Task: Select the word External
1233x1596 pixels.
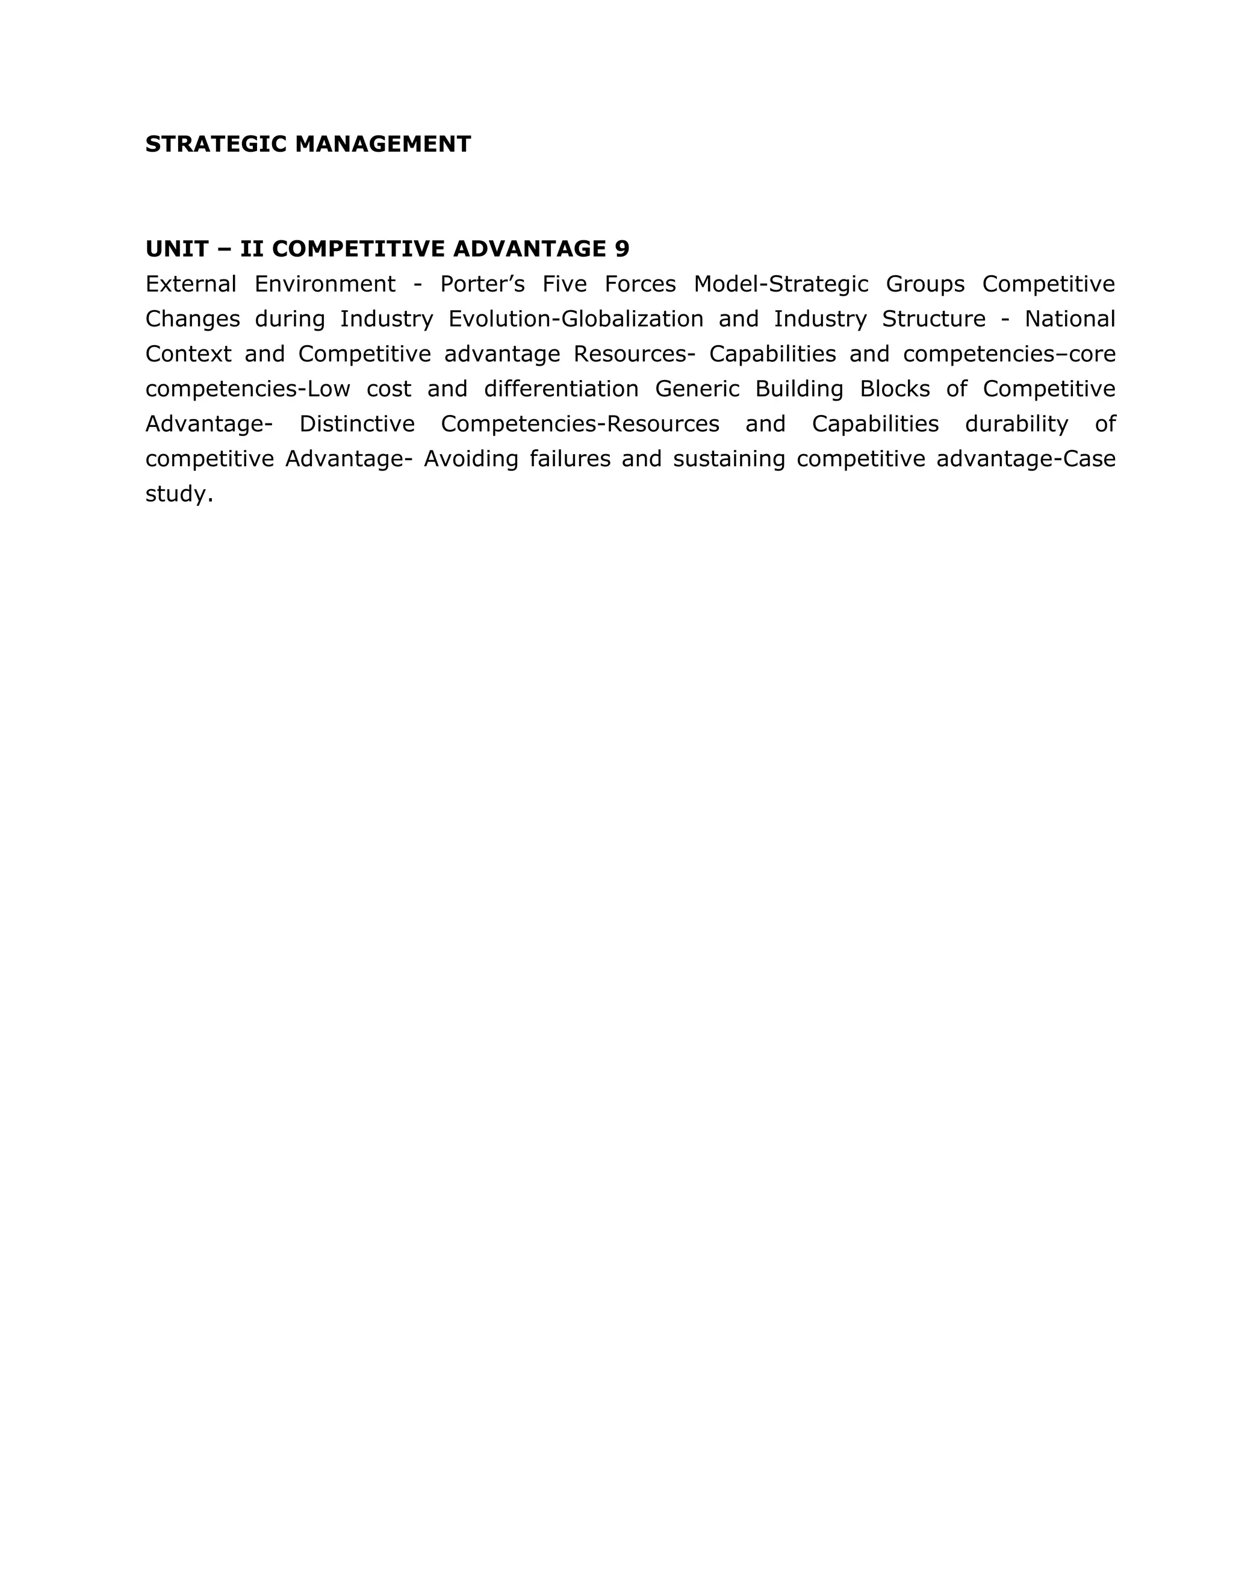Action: tap(191, 284)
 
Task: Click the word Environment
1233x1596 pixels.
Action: tap(325, 284)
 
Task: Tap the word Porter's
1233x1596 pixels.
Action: tap(482, 284)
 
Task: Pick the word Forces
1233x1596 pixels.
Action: tap(640, 284)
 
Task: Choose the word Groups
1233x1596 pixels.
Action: tap(925, 284)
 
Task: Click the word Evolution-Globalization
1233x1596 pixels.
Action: tap(576, 319)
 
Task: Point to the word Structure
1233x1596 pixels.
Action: tap(934, 319)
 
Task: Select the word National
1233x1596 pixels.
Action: tap(1069, 319)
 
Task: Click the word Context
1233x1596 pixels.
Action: tap(188, 354)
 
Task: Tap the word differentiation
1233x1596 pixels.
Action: tap(561, 389)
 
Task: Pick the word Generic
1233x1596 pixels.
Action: tap(697, 389)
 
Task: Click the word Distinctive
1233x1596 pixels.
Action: tap(356, 424)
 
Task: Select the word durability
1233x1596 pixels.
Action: tap(1016, 424)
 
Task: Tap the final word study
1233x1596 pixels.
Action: tap(179, 494)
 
